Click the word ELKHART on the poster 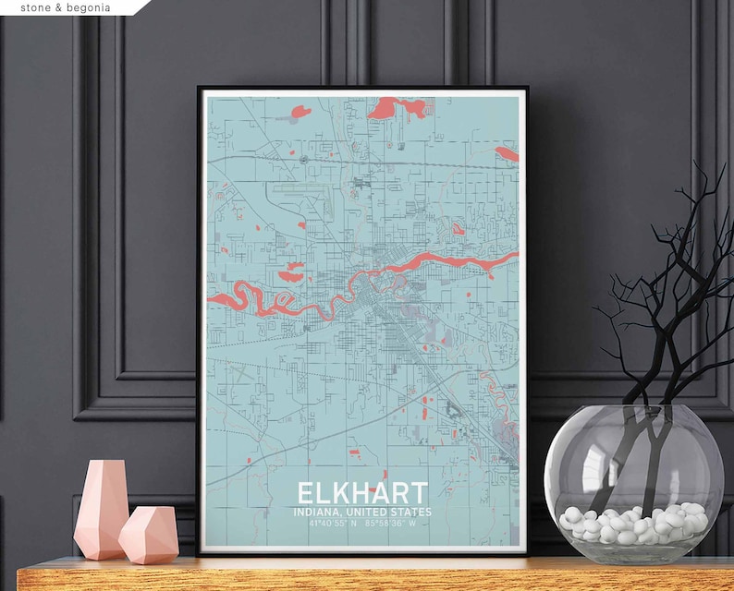(x=362, y=492)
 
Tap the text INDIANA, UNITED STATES (x=361, y=512)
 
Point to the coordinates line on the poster (x=361, y=524)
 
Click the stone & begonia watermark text (x=65, y=7)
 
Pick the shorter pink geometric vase (x=148, y=535)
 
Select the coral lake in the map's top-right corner (x=507, y=153)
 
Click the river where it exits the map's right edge (x=504, y=260)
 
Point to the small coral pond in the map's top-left (x=300, y=113)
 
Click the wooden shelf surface (x=370, y=573)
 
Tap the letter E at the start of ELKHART (x=304, y=492)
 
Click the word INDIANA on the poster (x=314, y=512)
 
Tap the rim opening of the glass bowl (x=633, y=412)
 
